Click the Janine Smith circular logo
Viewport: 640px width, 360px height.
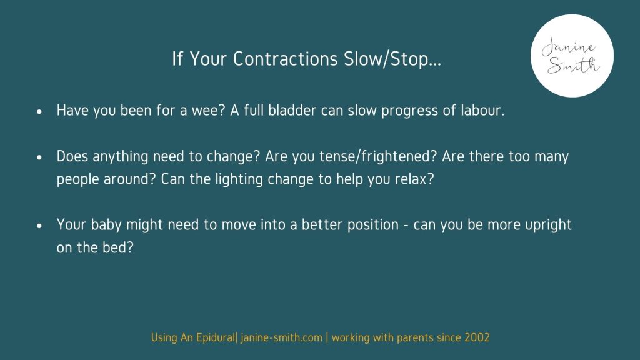coord(572,56)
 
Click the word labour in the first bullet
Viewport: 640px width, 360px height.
coord(482,110)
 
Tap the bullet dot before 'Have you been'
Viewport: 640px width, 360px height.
coord(39,111)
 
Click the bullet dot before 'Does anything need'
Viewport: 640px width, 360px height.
coord(39,157)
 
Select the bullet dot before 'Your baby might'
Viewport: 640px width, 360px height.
coord(39,226)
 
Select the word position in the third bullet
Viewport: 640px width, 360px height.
coord(372,225)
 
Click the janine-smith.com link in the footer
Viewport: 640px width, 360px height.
coord(281,338)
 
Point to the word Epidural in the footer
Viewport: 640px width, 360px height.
coord(216,338)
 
